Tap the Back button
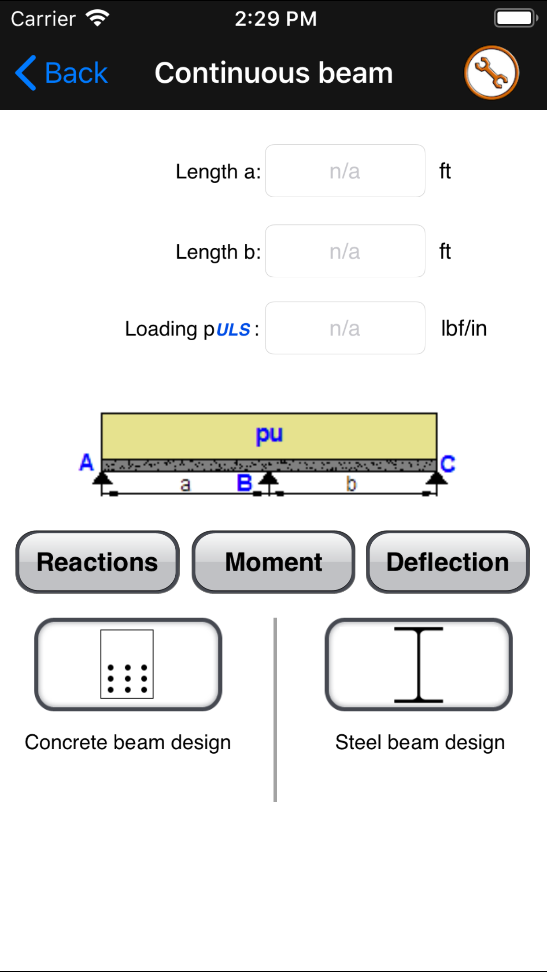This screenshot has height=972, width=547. [x=62, y=73]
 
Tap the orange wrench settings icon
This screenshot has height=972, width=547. [x=491, y=73]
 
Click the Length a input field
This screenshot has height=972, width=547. [x=345, y=171]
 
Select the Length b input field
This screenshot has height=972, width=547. [x=345, y=251]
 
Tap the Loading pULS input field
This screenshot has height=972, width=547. [x=345, y=328]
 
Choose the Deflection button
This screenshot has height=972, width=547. [x=447, y=562]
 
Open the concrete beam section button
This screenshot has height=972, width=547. [x=128, y=664]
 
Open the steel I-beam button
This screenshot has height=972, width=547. [x=418, y=664]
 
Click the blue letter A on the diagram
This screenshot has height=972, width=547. [x=86, y=463]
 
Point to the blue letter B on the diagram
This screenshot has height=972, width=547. [x=244, y=483]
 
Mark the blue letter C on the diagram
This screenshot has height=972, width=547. [x=448, y=464]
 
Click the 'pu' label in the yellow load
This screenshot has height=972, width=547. [x=269, y=435]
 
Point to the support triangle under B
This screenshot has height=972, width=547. [x=268, y=479]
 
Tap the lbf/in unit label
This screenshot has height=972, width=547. [x=464, y=328]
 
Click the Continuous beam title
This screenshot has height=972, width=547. [x=273, y=73]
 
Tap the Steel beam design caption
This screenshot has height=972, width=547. [x=420, y=742]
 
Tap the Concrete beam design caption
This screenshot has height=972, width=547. [x=128, y=742]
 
